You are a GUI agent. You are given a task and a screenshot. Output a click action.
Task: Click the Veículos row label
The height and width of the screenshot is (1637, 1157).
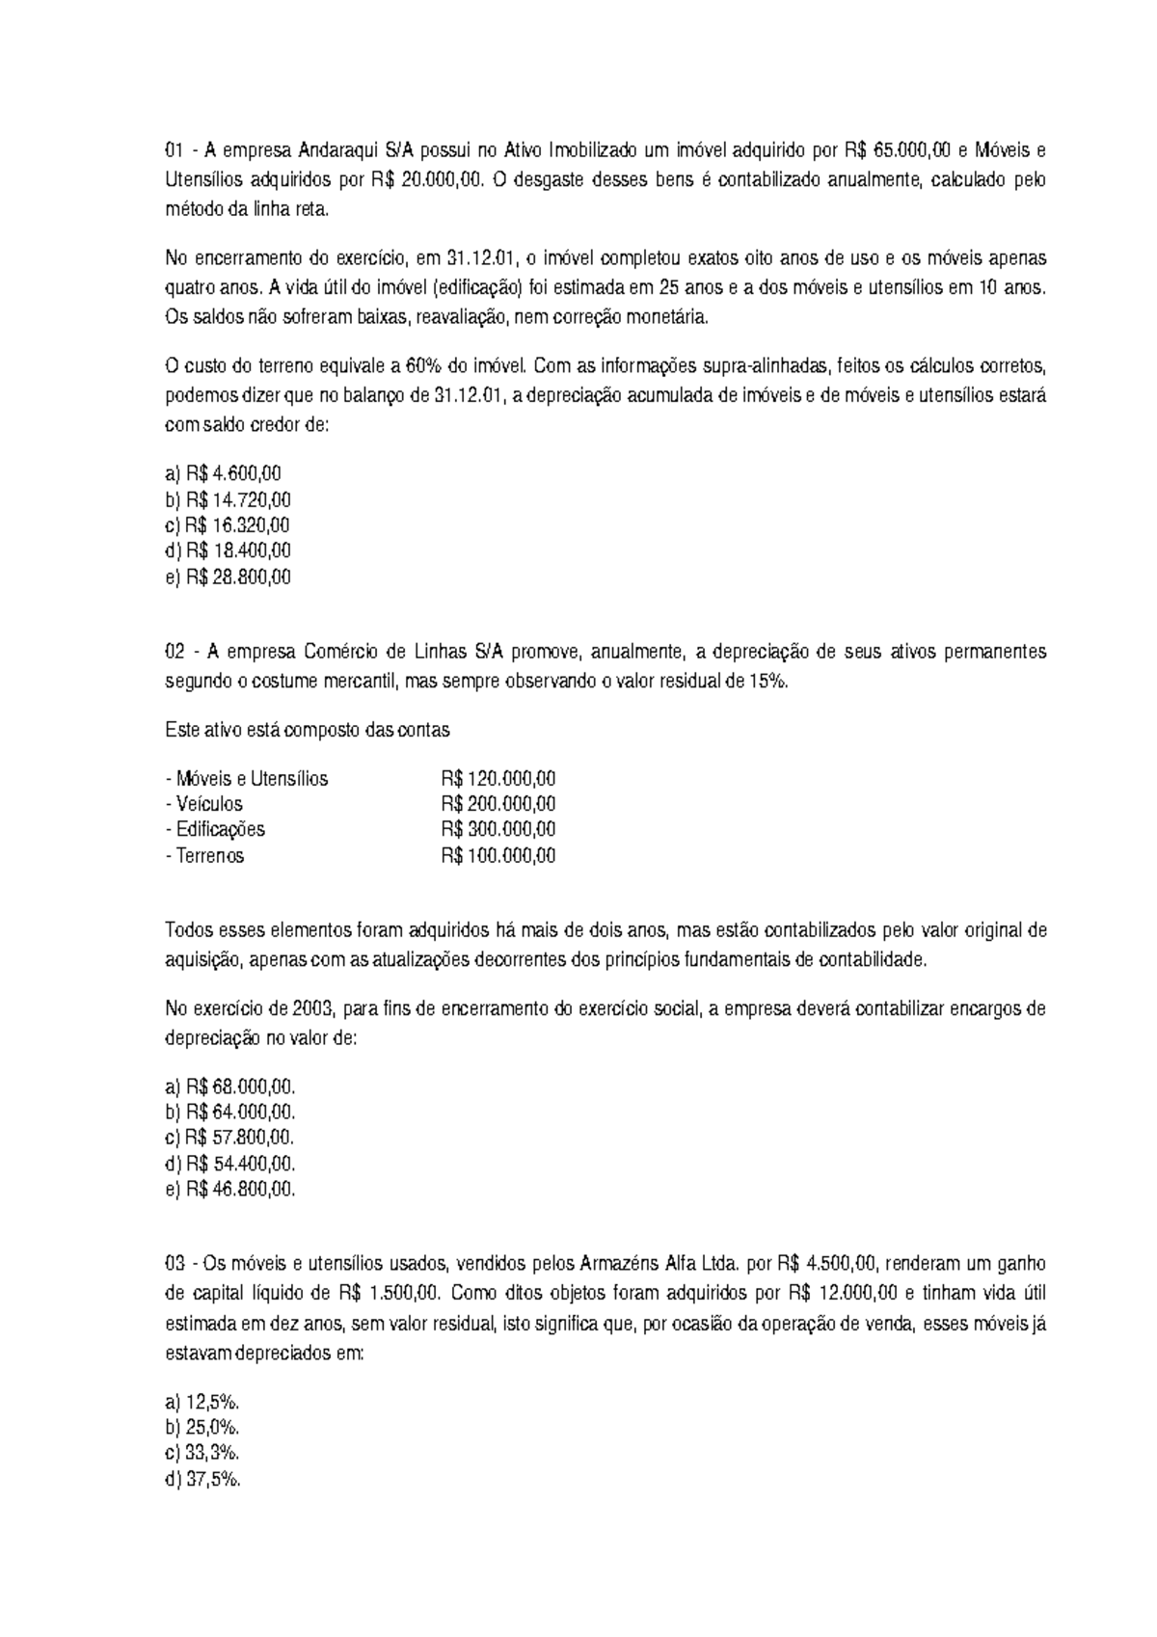tap(203, 804)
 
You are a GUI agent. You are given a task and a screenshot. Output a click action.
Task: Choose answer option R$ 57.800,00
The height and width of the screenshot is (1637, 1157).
tap(230, 1138)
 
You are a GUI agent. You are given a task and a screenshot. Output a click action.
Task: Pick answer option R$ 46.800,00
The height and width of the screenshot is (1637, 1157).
tap(230, 1190)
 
